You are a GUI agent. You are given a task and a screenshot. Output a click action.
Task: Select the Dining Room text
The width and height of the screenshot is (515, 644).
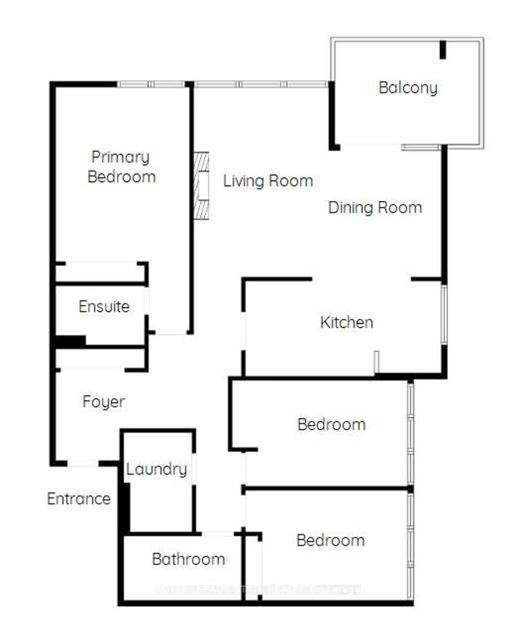pos(375,208)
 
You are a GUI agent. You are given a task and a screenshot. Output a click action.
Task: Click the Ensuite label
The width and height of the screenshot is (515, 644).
pos(104,306)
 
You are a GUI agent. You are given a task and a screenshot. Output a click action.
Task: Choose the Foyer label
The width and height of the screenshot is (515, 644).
pos(104,402)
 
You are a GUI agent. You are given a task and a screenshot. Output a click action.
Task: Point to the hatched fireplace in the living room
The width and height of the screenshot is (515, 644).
pos(201,186)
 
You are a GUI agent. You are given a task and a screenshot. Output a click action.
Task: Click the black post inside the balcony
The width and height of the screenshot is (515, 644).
pos(443,50)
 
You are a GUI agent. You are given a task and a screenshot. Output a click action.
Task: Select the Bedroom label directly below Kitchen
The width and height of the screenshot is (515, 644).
pos(331,425)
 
